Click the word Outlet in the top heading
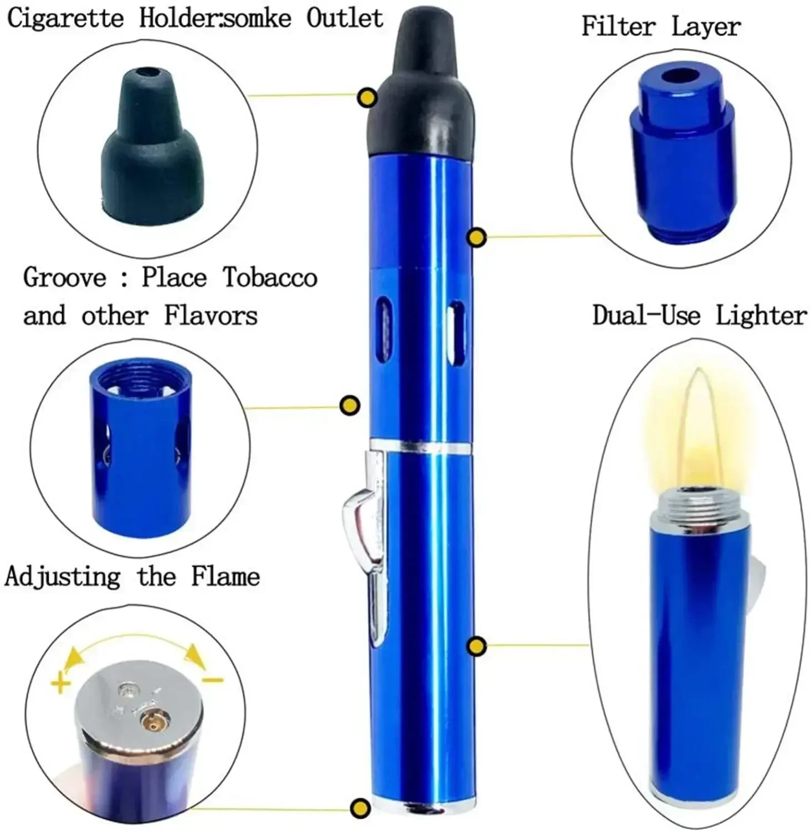[x=345, y=18]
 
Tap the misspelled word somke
[x=258, y=18]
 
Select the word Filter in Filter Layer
[x=618, y=26]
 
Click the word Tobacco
[x=270, y=277]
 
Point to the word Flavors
[x=211, y=316]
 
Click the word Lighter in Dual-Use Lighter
[x=761, y=316]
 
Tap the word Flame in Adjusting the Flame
[x=225, y=576]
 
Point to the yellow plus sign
[x=60, y=683]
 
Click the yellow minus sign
[x=212, y=680]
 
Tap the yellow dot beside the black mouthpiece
[x=367, y=98]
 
